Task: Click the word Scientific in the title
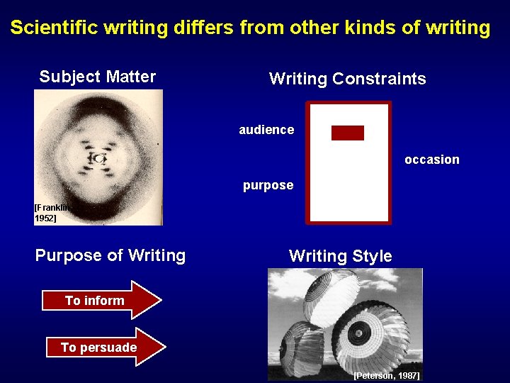point(55,28)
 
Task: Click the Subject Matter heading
point(98,77)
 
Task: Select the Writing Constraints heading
point(347,79)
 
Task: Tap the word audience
point(266,130)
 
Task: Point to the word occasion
point(432,160)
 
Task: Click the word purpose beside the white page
point(268,185)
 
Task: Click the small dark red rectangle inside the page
point(347,133)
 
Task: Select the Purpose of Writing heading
point(110,255)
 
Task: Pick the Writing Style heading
point(340,256)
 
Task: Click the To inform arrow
point(99,301)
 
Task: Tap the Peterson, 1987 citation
point(386,374)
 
